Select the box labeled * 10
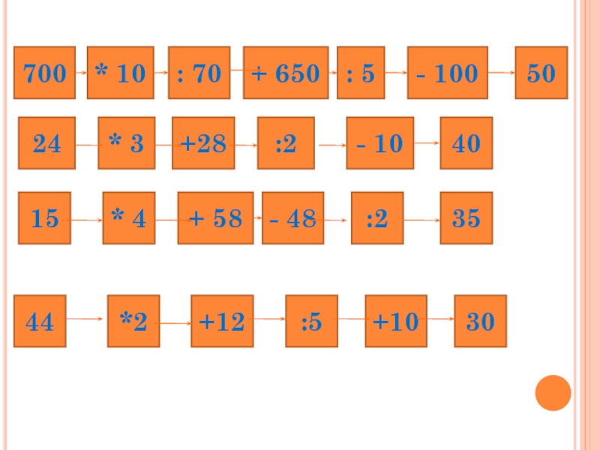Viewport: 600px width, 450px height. pyautogui.click(x=120, y=73)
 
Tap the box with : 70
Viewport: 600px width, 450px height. pyautogui.click(x=199, y=73)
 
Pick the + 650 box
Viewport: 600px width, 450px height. pyautogui.click(x=286, y=73)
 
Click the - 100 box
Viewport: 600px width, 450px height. pyautogui.click(x=448, y=73)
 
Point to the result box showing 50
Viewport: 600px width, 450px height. pyautogui.click(x=541, y=73)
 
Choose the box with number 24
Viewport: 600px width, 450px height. pyautogui.click(x=46, y=143)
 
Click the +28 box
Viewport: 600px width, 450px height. pyautogui.click(x=203, y=143)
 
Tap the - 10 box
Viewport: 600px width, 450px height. pyautogui.click(x=379, y=143)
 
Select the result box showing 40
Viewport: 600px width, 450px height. pyautogui.click(x=466, y=143)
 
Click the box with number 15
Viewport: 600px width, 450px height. pyautogui.click(x=45, y=218)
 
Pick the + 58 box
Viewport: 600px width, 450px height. pyautogui.click(x=215, y=218)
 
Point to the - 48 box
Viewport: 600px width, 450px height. pyautogui.click(x=292, y=218)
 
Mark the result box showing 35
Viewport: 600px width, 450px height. pyautogui.click(x=466, y=218)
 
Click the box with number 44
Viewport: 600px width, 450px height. pyautogui.click(x=40, y=322)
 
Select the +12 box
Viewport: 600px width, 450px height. pyautogui.click(x=222, y=322)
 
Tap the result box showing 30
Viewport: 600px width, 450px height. pyautogui.click(x=481, y=322)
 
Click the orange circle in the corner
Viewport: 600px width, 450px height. pyautogui.click(x=553, y=393)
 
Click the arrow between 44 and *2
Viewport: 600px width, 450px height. pyautogui.click(x=85, y=319)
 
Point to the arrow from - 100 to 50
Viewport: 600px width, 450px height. pyautogui.click(x=501, y=73)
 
